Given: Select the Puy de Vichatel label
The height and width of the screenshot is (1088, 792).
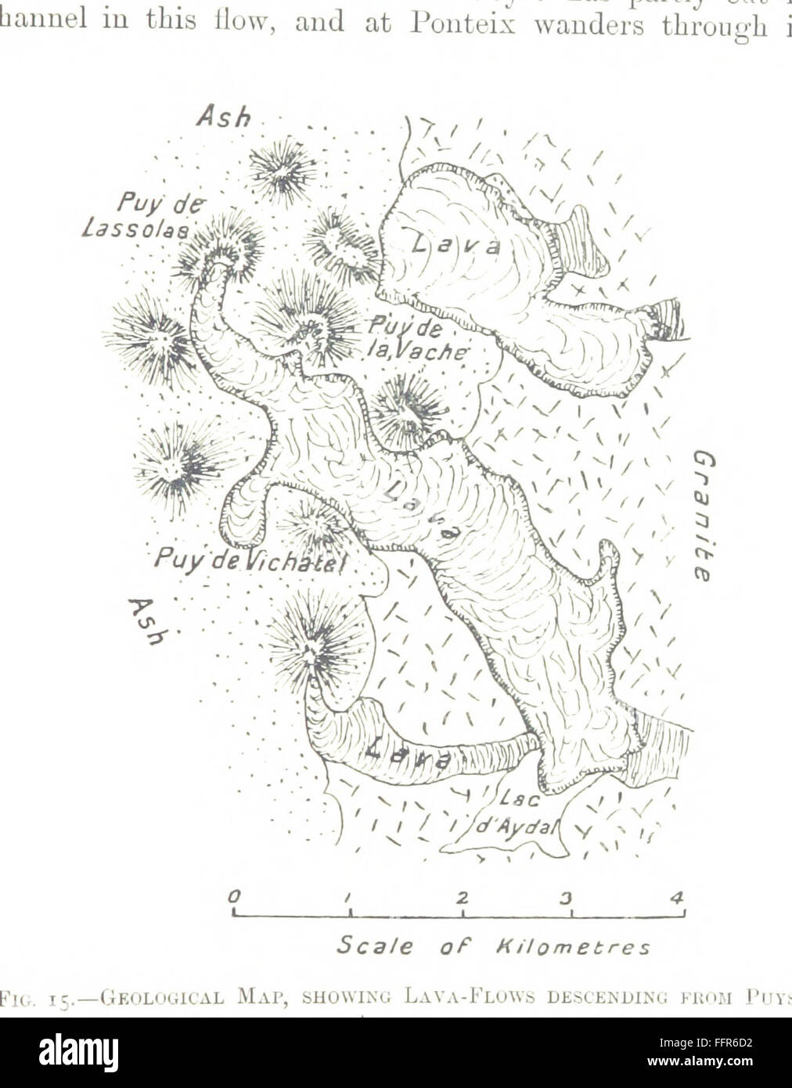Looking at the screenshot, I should coord(251,558).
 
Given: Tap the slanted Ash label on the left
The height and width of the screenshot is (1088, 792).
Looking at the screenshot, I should coord(147,620).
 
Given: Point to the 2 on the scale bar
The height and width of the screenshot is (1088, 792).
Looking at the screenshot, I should coord(462,897).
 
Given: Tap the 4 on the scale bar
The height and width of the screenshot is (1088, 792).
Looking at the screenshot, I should coord(678,897).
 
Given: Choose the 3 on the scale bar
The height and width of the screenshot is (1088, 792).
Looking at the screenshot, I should coord(569,897).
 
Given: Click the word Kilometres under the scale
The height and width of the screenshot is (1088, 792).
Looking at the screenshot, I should coord(581,948).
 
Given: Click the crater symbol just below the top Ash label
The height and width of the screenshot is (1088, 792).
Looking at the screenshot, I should coord(281,169).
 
